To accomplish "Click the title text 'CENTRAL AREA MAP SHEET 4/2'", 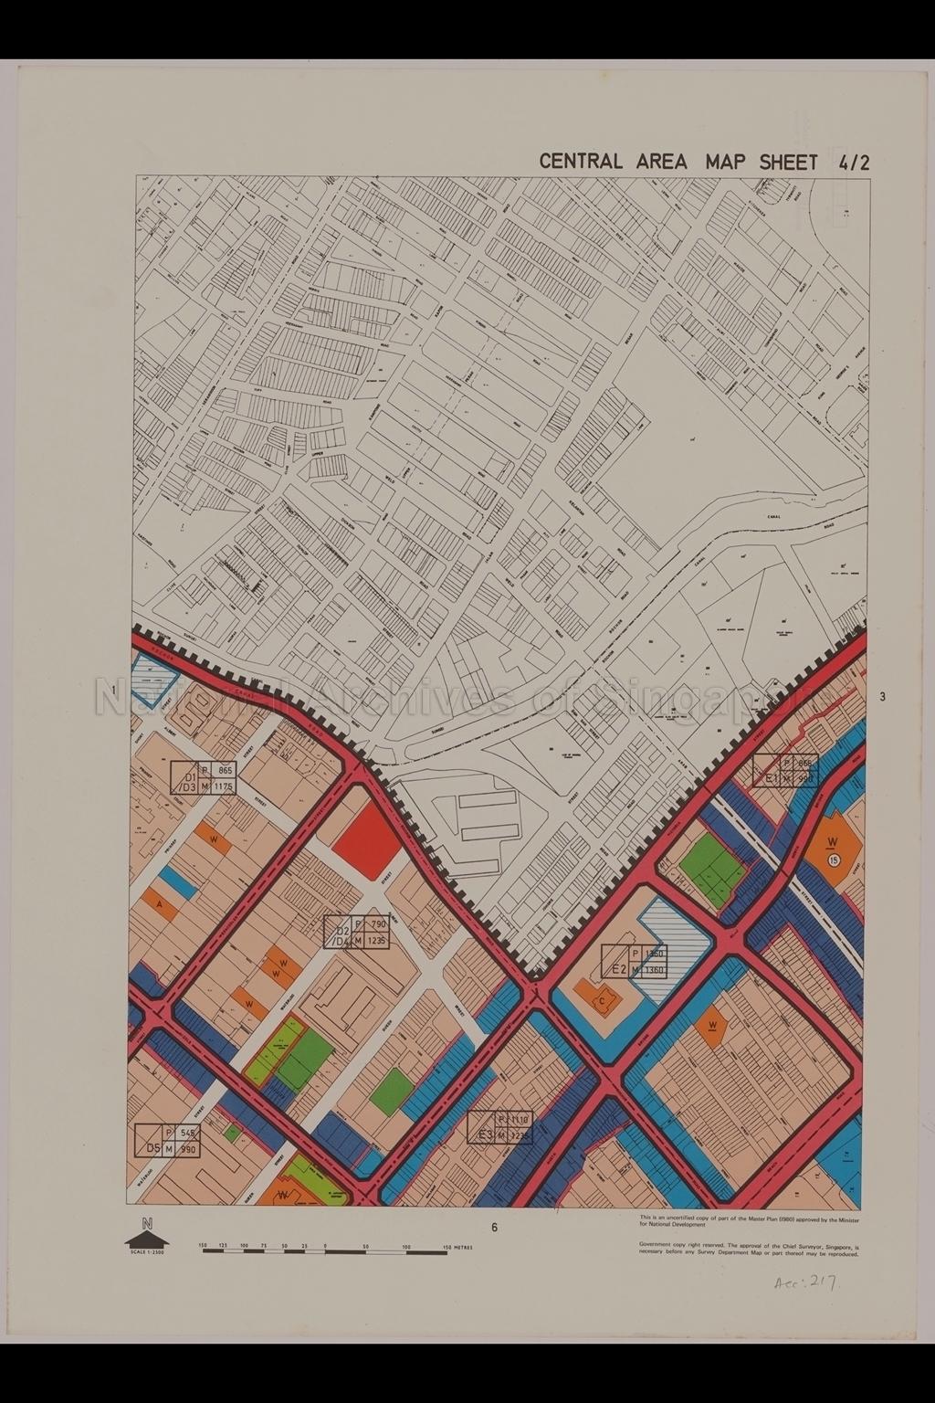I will coord(704,162).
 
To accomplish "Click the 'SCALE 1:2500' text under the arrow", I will coord(144,1252).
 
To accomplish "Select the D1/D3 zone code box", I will coord(203,777).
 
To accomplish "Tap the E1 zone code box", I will coord(784,770).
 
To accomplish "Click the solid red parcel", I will coord(367,841).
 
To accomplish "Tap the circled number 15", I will coord(834,860).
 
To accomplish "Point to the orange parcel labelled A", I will coord(162,904).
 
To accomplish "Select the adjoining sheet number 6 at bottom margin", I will coord(494,1228).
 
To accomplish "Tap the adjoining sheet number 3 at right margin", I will coord(882,697).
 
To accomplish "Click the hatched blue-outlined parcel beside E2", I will coord(677,924).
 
